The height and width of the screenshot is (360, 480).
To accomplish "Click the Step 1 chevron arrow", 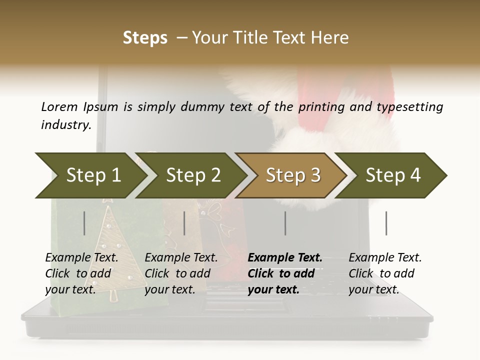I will point(93,175).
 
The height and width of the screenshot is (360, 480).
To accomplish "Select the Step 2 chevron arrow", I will point(193,175).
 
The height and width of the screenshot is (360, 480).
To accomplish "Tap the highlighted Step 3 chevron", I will point(293,175).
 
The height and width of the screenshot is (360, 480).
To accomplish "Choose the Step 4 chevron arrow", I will point(393,175).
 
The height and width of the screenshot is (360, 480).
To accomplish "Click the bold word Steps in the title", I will point(145,38).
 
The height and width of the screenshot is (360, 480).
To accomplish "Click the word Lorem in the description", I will point(59,106).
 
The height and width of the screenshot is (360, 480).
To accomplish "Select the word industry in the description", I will point(66,124).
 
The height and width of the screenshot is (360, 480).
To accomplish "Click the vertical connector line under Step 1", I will point(84,223).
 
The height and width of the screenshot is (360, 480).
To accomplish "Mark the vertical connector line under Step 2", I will point(184,223).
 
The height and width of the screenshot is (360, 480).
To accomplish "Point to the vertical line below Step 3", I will point(285,223).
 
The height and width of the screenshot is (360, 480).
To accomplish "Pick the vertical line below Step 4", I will point(386,223).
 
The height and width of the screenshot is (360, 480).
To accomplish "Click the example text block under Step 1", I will point(81,273).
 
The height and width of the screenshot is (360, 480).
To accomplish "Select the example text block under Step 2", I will point(181,273).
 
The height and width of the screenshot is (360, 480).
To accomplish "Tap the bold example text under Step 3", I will point(285,273).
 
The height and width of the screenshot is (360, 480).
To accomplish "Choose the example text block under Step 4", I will point(385,273).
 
